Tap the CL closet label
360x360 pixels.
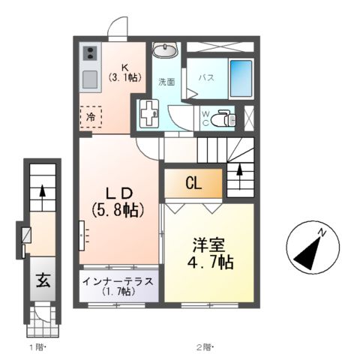[193, 182]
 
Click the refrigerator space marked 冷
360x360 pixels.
[91, 117]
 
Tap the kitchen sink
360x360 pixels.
[89, 79]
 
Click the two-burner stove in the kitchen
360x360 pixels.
[89, 54]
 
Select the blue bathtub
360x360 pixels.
[240, 76]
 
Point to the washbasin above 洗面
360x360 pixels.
[164, 50]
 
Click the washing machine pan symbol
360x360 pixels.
[147, 114]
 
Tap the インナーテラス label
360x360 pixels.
[118, 283]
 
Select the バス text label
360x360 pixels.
[208, 77]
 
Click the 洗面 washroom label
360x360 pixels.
[165, 81]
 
